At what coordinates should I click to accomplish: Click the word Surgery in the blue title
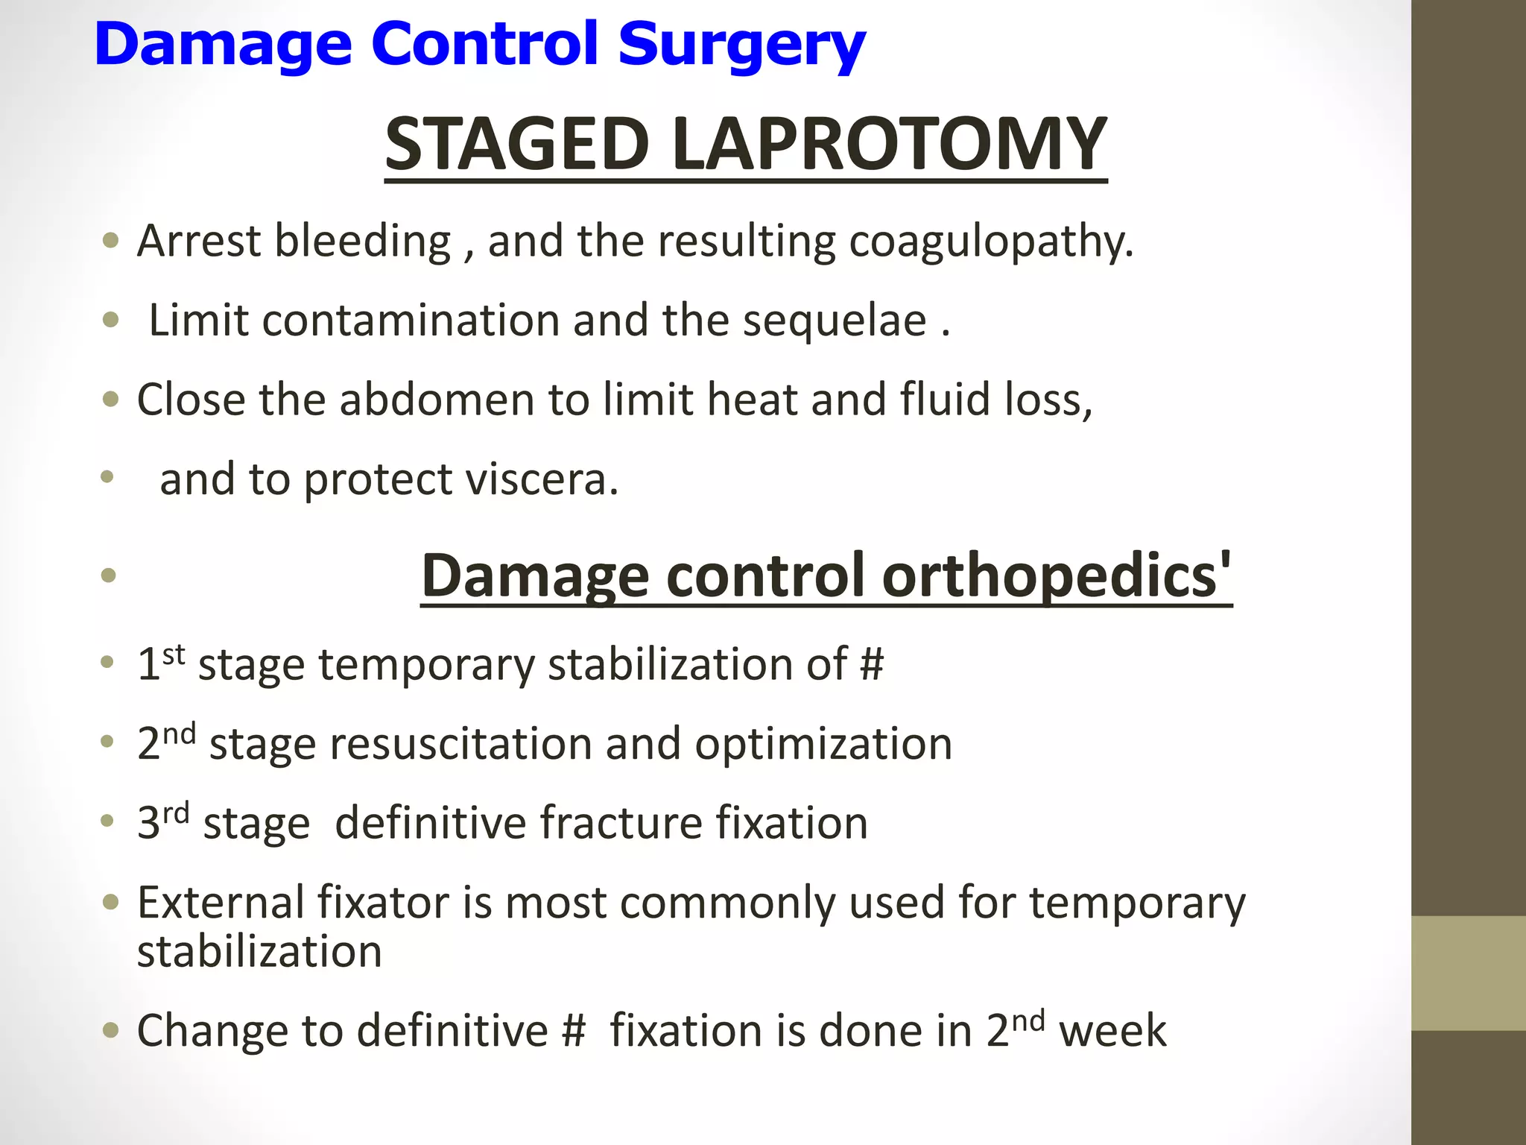741,45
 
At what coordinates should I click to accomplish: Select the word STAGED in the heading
517,143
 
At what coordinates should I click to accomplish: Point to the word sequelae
835,321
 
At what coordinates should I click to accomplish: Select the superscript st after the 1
174,654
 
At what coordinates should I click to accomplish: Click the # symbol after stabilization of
872,663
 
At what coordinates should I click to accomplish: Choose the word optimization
823,744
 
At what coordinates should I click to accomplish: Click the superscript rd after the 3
176,813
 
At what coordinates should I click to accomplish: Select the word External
221,903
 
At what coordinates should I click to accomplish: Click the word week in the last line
1112,1032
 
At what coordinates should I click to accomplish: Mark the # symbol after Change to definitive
574,1032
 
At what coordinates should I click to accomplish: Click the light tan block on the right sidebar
1468,973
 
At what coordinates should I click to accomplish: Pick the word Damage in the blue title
223,45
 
